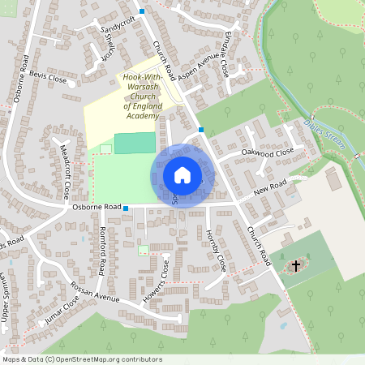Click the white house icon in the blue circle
click(182, 175)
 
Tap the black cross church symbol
click(296, 265)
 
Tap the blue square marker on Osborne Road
click(126, 208)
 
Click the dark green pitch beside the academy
click(135, 143)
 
